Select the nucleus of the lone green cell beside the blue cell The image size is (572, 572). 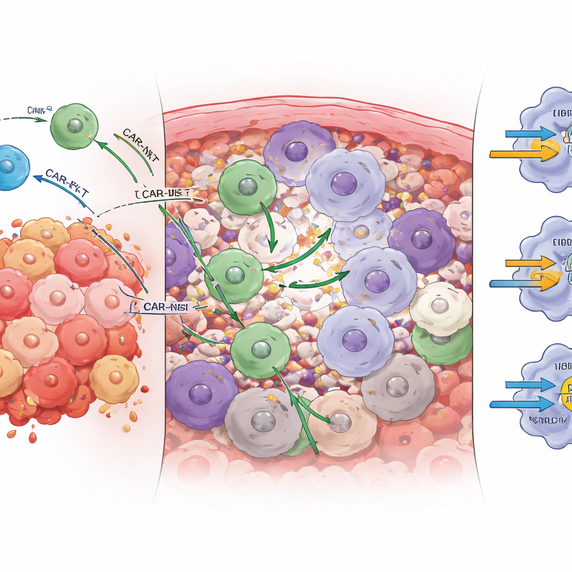[74, 126]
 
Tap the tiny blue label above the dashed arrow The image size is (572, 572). [39, 110]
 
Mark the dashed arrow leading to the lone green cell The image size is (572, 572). [22, 118]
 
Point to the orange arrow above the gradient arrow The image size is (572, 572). [528, 263]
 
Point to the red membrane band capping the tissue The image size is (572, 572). [313, 115]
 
